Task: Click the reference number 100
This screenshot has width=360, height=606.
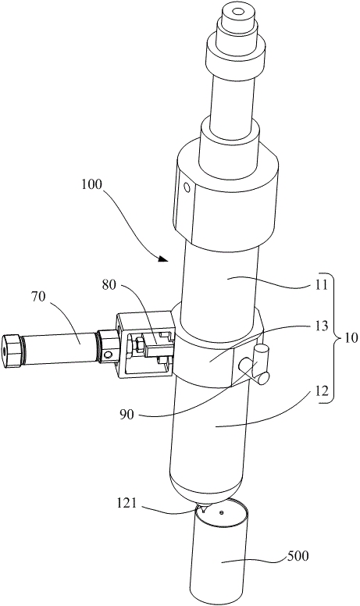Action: tap(91, 184)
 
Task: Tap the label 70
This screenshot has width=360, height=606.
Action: tap(38, 297)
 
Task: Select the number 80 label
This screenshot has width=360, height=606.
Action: tap(109, 284)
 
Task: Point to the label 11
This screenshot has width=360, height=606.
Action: tap(321, 285)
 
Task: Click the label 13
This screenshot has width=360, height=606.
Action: tap(322, 326)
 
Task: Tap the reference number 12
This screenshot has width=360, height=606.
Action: tap(322, 390)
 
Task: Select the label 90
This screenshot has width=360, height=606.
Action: tap(127, 415)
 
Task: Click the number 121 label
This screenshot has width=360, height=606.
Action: tap(127, 503)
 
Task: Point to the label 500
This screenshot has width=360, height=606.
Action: tap(297, 556)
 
